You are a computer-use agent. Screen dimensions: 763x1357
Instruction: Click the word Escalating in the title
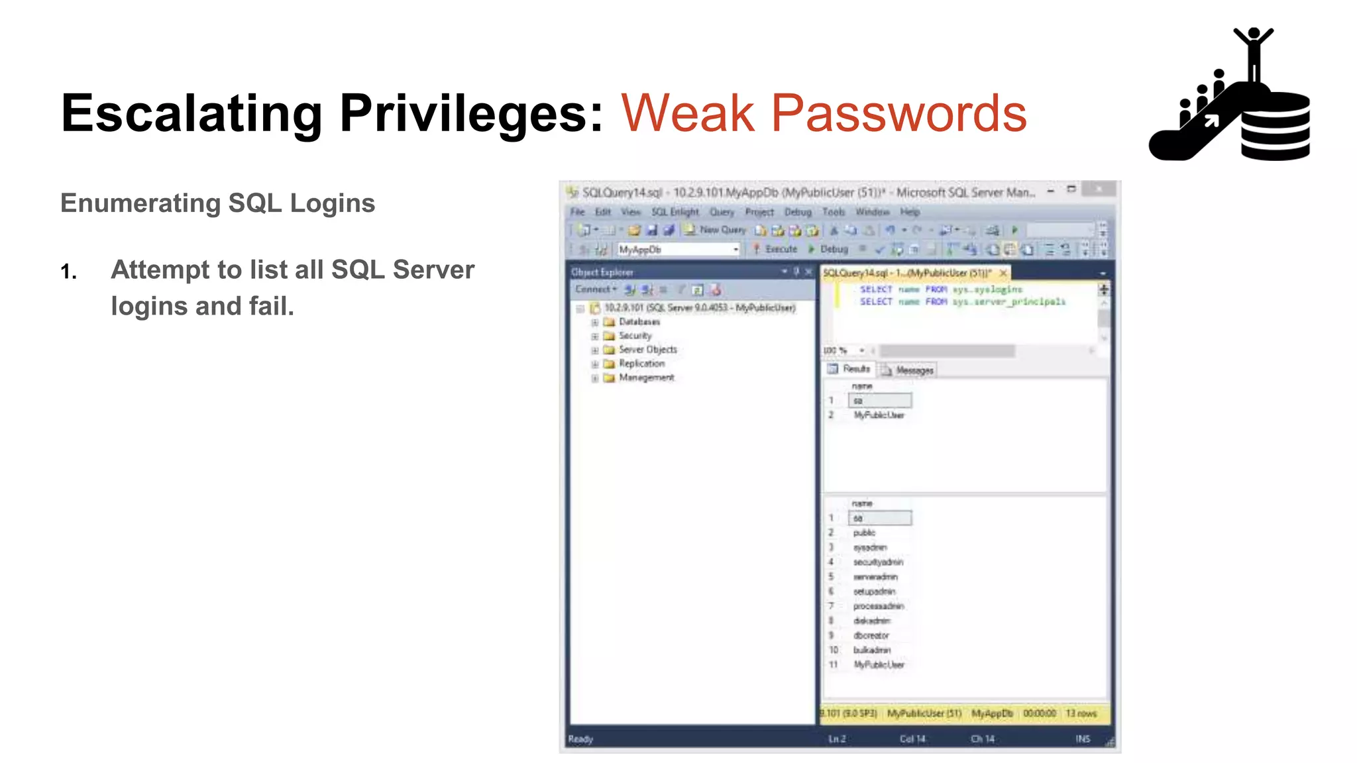[191, 114]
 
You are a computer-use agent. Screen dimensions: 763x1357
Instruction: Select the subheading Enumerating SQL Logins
[217, 203]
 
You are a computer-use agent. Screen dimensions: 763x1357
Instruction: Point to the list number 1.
[68, 272]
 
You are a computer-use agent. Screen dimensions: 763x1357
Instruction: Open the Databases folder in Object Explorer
[639, 322]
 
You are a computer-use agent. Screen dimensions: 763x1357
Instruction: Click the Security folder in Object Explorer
[635, 336]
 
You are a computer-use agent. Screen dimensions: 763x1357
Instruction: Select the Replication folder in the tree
[641, 364]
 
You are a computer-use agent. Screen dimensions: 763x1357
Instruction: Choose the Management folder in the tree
[646, 378]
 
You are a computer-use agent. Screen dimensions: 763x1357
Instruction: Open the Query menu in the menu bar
[722, 212]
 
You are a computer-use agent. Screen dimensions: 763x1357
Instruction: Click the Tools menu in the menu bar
[834, 212]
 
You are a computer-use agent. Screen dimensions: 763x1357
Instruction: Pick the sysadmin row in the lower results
[869, 548]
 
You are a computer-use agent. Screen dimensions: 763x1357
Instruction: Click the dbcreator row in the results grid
[871, 636]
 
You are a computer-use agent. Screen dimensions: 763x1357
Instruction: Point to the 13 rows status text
[1081, 713]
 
